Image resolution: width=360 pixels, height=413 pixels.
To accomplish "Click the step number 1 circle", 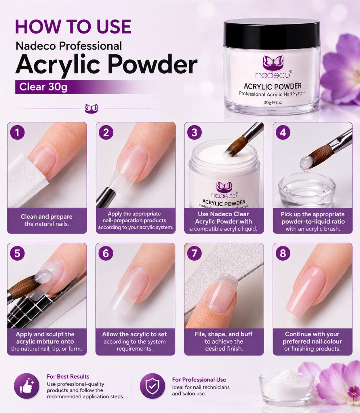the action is (17, 132).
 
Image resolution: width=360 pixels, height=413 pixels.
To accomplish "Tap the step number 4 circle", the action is (283, 132).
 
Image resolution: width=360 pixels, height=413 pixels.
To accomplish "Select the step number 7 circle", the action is (194, 253).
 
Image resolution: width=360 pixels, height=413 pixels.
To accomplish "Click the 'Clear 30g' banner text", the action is (43, 87).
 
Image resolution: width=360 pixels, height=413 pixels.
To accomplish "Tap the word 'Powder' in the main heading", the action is (153, 64).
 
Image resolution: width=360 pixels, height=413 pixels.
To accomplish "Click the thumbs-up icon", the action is (27, 386).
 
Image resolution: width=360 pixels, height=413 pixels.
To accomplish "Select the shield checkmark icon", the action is (152, 386).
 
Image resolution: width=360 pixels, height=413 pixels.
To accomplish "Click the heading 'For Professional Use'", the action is (199, 380).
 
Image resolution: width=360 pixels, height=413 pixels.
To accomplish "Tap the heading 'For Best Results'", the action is (68, 376).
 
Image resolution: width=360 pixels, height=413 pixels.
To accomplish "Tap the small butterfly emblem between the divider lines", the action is (91, 109).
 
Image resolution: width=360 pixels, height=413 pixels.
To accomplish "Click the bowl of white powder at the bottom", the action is (287, 387).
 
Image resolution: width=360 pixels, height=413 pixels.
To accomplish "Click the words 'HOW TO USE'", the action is (73, 27).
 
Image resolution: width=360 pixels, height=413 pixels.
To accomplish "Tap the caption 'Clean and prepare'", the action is (47, 217).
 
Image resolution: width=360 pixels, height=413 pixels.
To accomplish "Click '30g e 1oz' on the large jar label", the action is (273, 103).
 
